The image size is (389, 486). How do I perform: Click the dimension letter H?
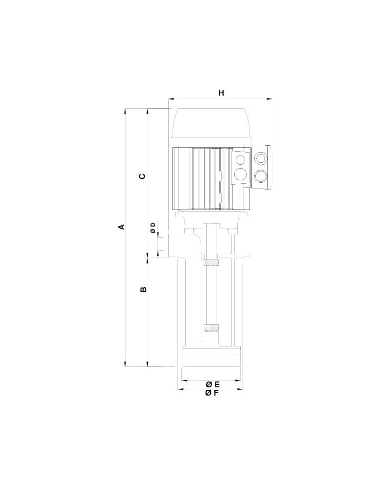pyautogui.click(x=221, y=93)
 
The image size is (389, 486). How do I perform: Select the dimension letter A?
pyautogui.click(x=122, y=227)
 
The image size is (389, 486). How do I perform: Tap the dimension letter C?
pyautogui.click(x=142, y=176)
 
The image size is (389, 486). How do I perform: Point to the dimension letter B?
pyautogui.click(x=143, y=290)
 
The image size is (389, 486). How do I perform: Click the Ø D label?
pyautogui.click(x=153, y=228)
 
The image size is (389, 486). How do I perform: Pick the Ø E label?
pyautogui.click(x=213, y=384)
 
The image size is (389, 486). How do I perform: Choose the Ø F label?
pyautogui.click(x=212, y=393)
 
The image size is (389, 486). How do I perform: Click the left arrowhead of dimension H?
pyautogui.click(x=171, y=99)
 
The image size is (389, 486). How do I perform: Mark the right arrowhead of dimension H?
pyautogui.click(x=269, y=99)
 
